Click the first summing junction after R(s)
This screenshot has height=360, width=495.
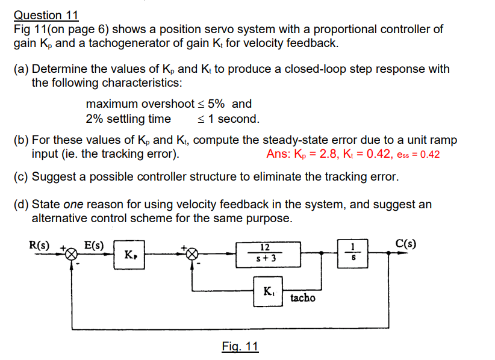click(72, 254)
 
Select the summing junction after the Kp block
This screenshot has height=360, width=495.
click(191, 254)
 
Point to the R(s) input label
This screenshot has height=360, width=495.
click(40, 244)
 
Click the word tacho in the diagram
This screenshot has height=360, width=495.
click(302, 297)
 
